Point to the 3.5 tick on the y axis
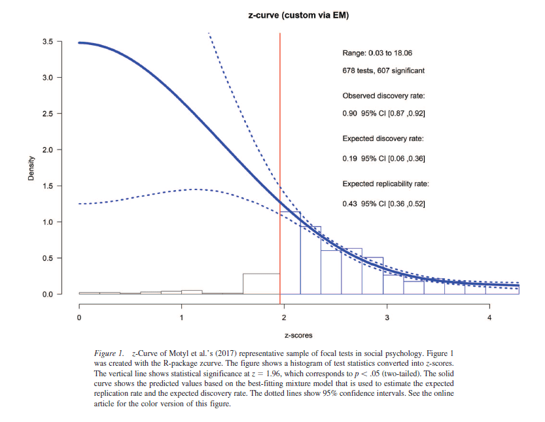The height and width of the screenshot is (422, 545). point(48,42)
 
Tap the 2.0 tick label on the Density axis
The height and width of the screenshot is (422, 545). point(48,150)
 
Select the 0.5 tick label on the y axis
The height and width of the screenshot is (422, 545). point(48,258)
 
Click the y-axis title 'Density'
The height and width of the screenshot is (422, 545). point(31,168)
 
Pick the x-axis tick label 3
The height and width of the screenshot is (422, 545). point(387,318)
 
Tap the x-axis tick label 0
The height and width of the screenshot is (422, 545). point(79,318)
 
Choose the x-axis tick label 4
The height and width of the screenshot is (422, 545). point(489,318)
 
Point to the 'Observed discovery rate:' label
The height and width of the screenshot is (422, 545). point(383,96)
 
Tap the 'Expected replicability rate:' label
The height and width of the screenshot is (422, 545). point(385,184)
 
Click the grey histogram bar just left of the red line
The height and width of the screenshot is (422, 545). point(261,284)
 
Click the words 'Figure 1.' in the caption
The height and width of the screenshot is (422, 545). point(110,353)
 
